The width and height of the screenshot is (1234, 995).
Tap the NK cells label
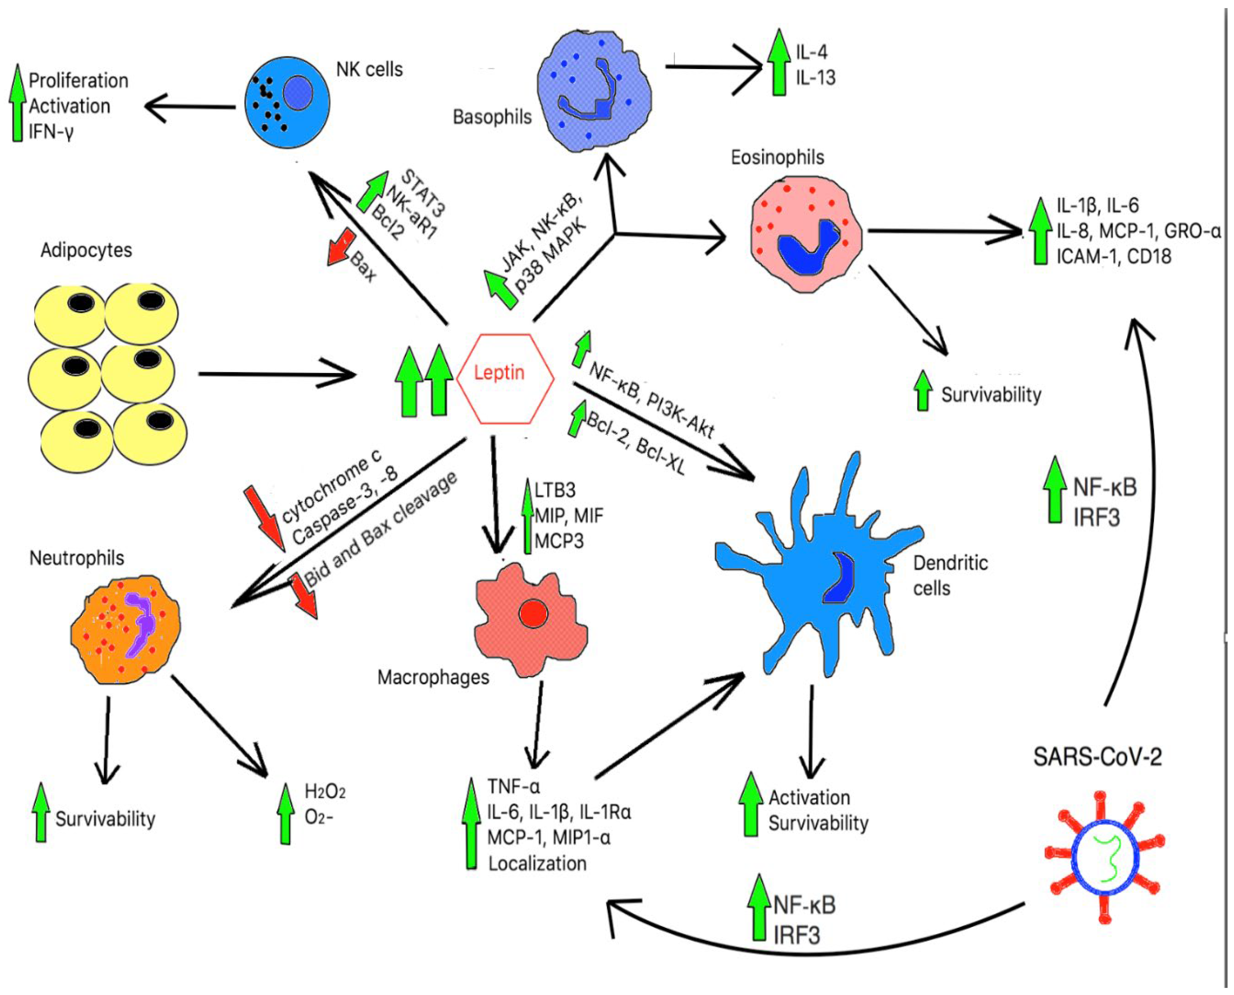point(369,70)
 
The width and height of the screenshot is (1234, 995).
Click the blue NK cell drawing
point(287,103)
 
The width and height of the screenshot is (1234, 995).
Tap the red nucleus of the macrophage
point(533,613)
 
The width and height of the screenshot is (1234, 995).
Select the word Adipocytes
point(86,251)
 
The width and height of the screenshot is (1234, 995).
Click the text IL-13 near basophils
point(815,77)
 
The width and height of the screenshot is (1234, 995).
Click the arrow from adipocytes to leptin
point(275,374)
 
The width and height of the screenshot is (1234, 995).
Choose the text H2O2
point(325,792)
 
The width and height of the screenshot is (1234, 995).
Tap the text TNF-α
point(513,786)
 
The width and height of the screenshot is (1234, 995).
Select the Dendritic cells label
point(950,575)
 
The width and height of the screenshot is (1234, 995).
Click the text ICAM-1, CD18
point(1114,256)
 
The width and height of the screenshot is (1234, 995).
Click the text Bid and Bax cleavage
point(381,530)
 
